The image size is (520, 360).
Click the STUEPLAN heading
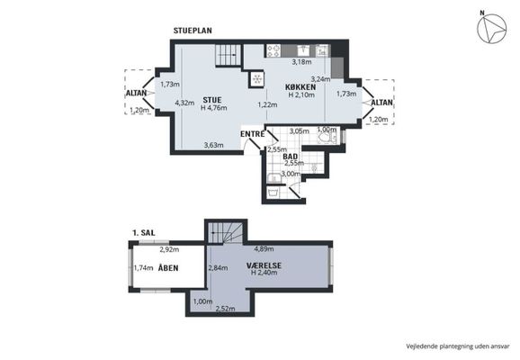click(x=193, y=31)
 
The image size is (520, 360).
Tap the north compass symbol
click(x=491, y=28)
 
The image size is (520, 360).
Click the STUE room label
click(x=212, y=100)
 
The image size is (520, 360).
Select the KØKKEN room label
click(x=300, y=87)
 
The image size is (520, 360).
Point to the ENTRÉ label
click(x=253, y=134)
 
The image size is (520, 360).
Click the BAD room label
click(x=291, y=157)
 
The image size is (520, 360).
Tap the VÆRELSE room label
click(x=264, y=265)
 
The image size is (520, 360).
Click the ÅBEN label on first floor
click(x=168, y=268)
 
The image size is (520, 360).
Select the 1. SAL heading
click(x=144, y=233)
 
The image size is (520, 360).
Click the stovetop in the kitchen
click(x=273, y=50)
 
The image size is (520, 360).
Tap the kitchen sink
click(x=303, y=50)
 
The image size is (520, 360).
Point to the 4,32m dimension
click(x=184, y=103)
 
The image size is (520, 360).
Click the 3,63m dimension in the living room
click(x=214, y=145)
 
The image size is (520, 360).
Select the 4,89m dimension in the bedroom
click(x=264, y=248)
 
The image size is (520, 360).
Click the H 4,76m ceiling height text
click(x=214, y=107)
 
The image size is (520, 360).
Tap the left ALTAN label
click(x=137, y=94)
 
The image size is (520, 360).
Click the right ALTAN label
click(x=381, y=103)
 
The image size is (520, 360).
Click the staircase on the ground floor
click(x=228, y=55)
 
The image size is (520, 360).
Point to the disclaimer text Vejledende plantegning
click(x=439, y=346)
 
